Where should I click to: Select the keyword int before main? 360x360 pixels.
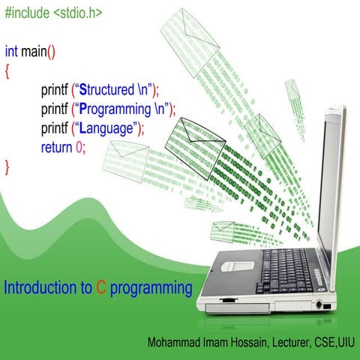point(11,52)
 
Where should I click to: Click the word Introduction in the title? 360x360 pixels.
point(37,287)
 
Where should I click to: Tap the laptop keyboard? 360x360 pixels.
point(285,270)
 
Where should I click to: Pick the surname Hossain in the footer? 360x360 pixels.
point(238,343)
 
